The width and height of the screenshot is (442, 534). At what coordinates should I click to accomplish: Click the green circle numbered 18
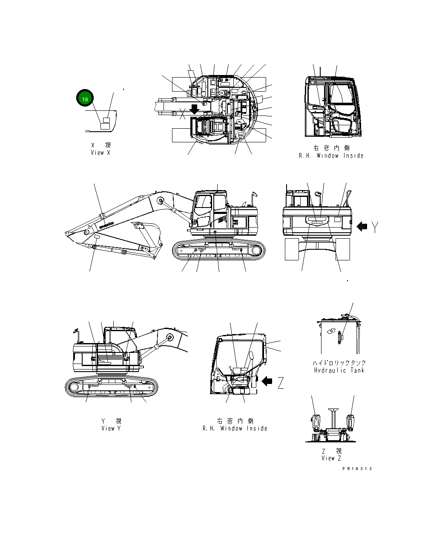[x=85, y=99]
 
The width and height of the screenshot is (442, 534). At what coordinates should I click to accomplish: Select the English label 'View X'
[x=100, y=153]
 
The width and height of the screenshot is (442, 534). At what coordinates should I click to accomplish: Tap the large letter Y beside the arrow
[x=373, y=228]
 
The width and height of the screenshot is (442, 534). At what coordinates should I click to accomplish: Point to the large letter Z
[x=281, y=384]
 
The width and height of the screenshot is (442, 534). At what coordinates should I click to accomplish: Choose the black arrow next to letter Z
[x=267, y=381]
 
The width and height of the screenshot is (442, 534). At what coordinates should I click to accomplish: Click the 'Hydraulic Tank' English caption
[x=339, y=370]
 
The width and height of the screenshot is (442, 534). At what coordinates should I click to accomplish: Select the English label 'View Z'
[x=331, y=458]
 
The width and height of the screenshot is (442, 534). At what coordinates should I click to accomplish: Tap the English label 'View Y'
[x=111, y=428]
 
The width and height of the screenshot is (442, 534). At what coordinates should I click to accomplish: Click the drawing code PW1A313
[x=356, y=468]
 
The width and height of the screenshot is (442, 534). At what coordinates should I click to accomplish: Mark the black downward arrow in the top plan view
[x=195, y=109]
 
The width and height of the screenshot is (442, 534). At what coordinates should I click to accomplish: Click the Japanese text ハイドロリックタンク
[x=339, y=363]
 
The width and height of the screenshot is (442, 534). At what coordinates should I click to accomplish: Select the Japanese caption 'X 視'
[x=100, y=146]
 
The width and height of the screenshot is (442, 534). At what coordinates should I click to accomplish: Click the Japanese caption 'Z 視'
[x=331, y=451]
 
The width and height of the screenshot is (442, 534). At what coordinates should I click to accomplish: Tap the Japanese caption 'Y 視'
[x=111, y=421]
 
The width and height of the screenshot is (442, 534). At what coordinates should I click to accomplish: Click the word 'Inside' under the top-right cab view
[x=352, y=156]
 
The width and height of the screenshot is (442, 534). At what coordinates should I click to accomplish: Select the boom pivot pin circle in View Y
[x=169, y=337]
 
